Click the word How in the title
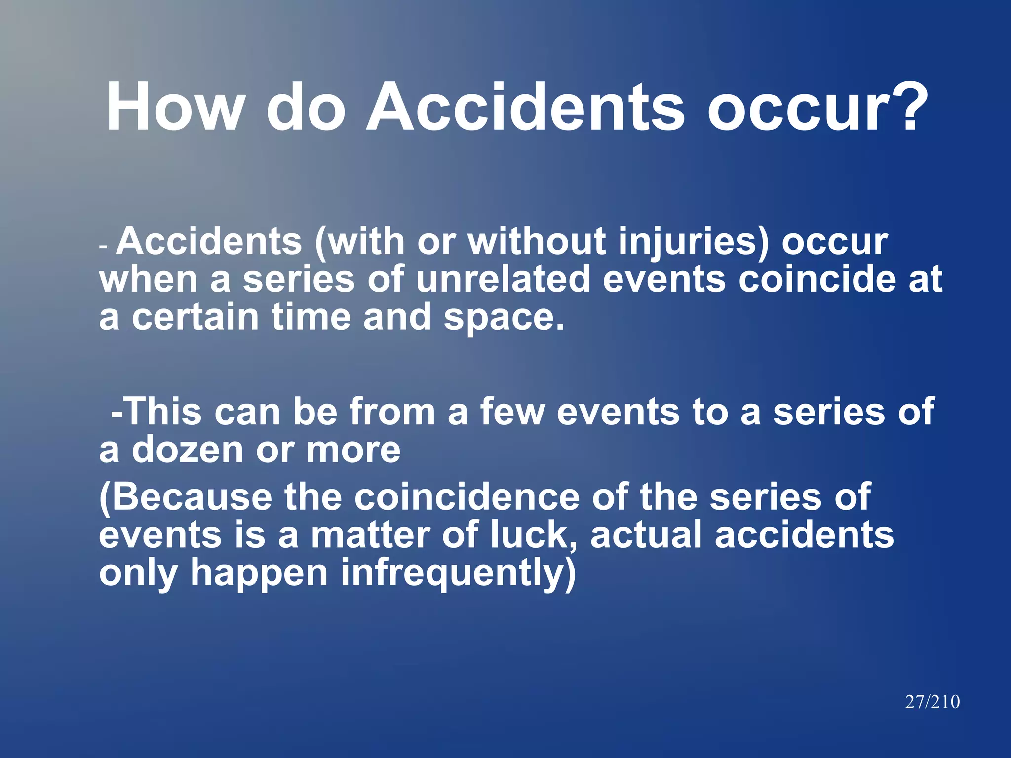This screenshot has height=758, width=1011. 175,107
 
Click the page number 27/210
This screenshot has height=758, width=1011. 932,702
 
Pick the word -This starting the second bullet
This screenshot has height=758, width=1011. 156,412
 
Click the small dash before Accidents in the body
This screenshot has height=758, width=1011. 103,245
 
